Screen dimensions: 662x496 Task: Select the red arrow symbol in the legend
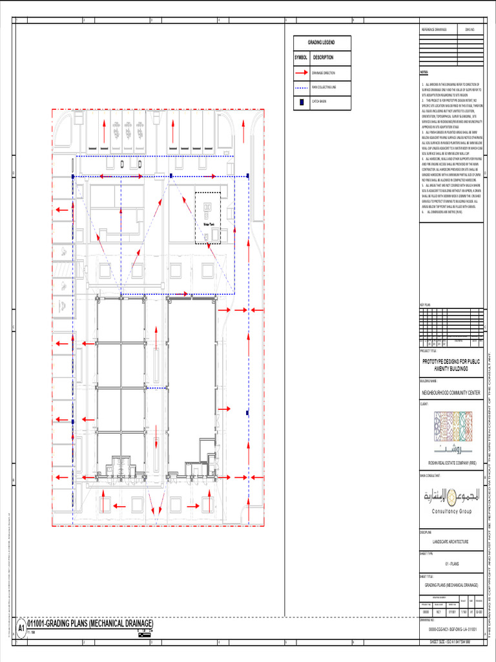pos(302,73)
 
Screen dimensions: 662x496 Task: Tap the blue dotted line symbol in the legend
pos(302,87)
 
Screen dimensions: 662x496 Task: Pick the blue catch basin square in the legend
pos(302,101)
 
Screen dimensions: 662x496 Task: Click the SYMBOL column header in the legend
pos(302,58)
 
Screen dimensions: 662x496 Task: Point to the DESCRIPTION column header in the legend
pos(323,58)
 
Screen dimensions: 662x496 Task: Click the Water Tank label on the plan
pos(208,224)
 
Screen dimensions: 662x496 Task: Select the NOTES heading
pos(424,73)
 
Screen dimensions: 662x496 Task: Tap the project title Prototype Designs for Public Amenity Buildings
pos(451,365)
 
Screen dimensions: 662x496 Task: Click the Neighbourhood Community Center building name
pos(451,392)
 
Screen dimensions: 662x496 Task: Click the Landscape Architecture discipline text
pos(451,542)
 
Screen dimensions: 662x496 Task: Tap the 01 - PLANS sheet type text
pos(451,564)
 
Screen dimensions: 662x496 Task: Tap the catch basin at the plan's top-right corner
pos(248,176)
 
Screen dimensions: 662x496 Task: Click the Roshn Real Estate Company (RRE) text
pos(451,464)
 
